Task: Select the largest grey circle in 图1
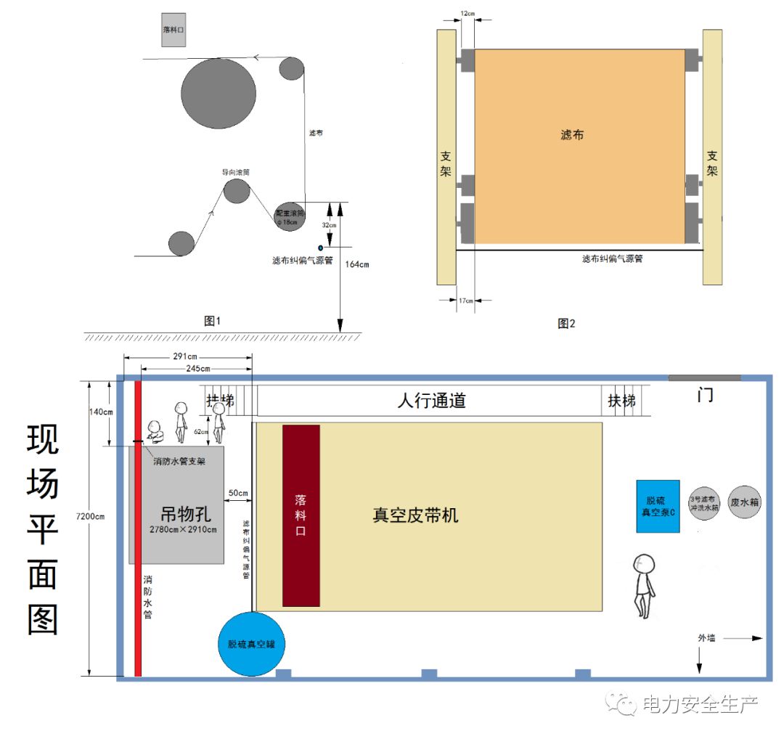(218, 93)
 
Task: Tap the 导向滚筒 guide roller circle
(237, 191)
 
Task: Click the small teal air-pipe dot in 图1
(320, 248)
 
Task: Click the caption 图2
(566, 324)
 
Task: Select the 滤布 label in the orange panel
(572, 135)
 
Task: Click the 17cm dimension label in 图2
(465, 301)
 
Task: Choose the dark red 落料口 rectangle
(301, 515)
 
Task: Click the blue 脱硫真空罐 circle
(251, 644)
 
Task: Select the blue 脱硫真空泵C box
(658, 506)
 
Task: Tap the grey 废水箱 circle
(744, 502)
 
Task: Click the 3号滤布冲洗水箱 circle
(703, 502)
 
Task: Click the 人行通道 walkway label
(431, 400)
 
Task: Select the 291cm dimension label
(187, 357)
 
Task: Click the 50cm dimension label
(238, 494)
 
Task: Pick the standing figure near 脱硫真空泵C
(644, 584)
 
